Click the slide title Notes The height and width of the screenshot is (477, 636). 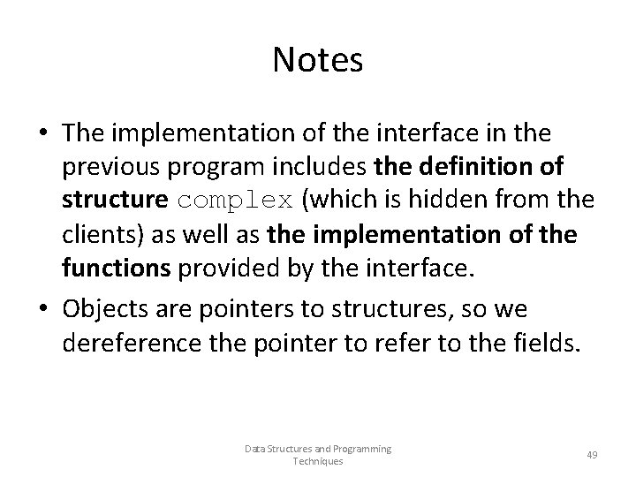pyautogui.click(x=318, y=61)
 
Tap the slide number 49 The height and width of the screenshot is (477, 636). pyautogui.click(x=592, y=454)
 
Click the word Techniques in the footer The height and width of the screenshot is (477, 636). pyautogui.click(x=318, y=461)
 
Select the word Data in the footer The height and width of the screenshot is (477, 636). pyautogui.click(x=255, y=449)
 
